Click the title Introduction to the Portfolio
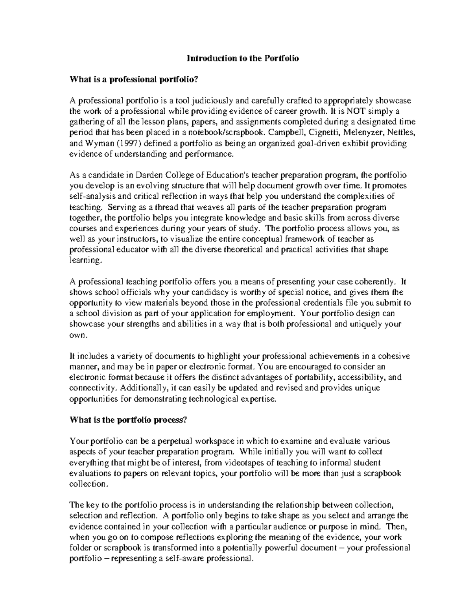coord(243,58)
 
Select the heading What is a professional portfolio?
coord(133,79)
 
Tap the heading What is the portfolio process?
coord(127,420)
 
